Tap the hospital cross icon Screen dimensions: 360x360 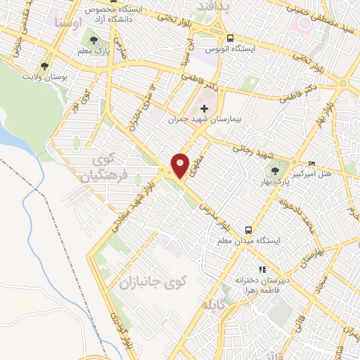click(x=205, y=108)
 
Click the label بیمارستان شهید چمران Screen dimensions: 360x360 click(x=200, y=120)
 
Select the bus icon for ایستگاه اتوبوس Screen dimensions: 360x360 click(x=231, y=39)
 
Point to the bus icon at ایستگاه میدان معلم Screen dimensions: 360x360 click(x=248, y=229)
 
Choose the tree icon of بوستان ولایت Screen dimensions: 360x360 click(x=44, y=66)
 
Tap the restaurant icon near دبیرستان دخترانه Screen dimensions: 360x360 click(x=262, y=269)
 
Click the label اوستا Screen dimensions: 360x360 click(x=67, y=22)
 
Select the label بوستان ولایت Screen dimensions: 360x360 click(x=44, y=76)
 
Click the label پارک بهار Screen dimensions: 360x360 click(x=280, y=182)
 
